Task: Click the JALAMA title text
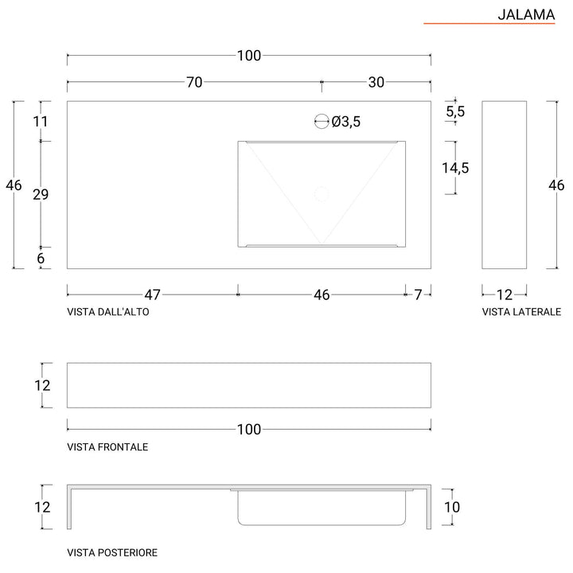click(526, 14)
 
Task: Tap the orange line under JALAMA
click(489, 25)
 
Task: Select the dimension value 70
click(194, 82)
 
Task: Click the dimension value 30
click(376, 82)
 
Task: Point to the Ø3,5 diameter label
click(346, 122)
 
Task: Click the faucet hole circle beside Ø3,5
click(322, 122)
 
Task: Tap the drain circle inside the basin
click(322, 193)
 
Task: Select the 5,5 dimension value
click(455, 112)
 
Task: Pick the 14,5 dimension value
click(455, 168)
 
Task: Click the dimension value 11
click(41, 122)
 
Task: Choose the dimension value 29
click(41, 195)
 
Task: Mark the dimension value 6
click(41, 258)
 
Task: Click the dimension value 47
click(152, 294)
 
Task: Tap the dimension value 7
click(418, 294)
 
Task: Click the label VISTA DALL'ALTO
click(108, 313)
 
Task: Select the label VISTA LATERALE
click(521, 313)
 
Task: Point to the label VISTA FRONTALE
click(107, 447)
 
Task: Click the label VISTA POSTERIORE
click(112, 552)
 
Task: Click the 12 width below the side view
click(505, 294)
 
